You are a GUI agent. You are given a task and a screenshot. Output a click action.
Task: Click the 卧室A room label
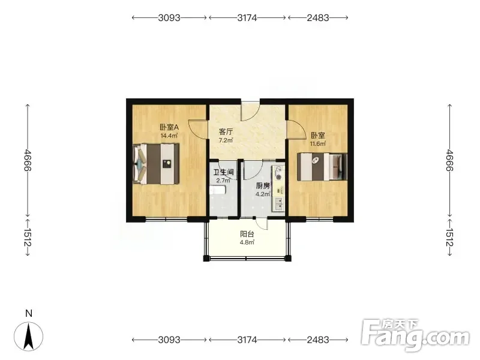click(169, 127)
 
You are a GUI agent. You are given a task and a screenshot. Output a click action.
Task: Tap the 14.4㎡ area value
click(169, 136)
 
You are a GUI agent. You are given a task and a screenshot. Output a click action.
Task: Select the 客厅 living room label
click(226, 132)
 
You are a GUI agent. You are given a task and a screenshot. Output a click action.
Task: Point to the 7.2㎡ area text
click(226, 140)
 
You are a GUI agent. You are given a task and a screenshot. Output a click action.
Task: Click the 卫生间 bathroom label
click(223, 172)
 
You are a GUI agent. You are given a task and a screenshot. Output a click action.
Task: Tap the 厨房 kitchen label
click(263, 186)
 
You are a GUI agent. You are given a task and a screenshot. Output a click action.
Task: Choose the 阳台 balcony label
click(247, 235)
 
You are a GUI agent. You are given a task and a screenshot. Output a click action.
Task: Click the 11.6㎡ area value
click(318, 143)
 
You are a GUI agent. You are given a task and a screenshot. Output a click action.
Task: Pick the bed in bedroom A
click(156, 164)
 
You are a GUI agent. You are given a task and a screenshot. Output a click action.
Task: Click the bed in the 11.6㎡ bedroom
click(322, 167)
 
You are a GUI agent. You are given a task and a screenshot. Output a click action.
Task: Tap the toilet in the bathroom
click(218, 191)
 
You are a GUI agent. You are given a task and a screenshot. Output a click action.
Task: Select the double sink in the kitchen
click(279, 203)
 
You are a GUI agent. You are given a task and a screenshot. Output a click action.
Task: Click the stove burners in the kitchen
click(278, 173)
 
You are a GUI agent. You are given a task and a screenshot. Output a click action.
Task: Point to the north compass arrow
click(29, 337)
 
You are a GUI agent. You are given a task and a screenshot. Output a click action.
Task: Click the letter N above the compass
click(29, 313)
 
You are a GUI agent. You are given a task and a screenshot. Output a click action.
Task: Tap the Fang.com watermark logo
click(415, 335)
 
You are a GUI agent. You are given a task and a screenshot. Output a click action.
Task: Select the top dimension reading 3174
click(247, 18)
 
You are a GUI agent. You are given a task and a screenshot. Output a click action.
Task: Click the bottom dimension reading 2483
click(318, 340)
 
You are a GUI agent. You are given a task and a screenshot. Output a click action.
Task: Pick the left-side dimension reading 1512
click(28, 237)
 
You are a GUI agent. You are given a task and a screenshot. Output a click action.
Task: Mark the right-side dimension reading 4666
click(449, 160)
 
